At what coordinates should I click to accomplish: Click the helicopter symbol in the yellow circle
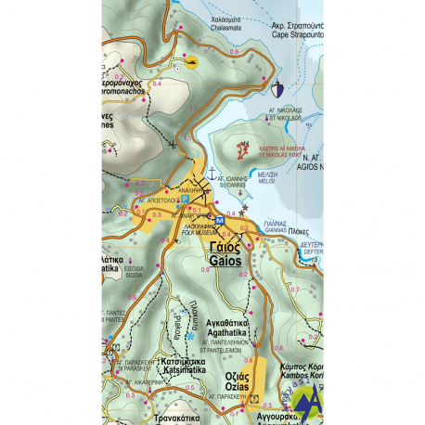pyautogui.click(x=191, y=63)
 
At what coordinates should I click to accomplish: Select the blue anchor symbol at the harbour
pyautogui.click(x=211, y=174)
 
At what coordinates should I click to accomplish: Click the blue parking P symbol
pyautogui.click(x=184, y=198)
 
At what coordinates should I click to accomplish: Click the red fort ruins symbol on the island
pyautogui.click(x=244, y=148)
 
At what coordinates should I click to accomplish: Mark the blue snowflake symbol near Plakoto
pyautogui.click(x=191, y=335)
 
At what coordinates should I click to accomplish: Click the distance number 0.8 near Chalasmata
pyautogui.click(x=233, y=52)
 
